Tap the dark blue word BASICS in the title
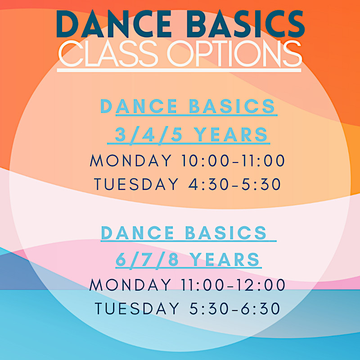pyautogui.click(x=246, y=24)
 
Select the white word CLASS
pyautogui.click(x=108, y=53)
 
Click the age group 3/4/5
pyautogui.click(x=148, y=135)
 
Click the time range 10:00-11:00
pyautogui.click(x=233, y=160)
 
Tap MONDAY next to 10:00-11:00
pyautogui.click(x=130, y=160)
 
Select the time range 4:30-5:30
pyautogui.click(x=234, y=184)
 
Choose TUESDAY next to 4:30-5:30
pyautogui.click(x=136, y=184)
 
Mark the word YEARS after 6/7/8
pyautogui.click(x=225, y=260)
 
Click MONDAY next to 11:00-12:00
pyautogui.click(x=130, y=285)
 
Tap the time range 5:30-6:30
pyautogui.click(x=234, y=308)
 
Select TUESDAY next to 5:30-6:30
pyautogui.click(x=137, y=308)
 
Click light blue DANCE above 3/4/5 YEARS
pyautogui.click(x=139, y=106)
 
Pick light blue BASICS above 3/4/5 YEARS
pyautogui.click(x=232, y=106)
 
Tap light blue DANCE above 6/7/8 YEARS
pyautogui.click(x=137, y=233)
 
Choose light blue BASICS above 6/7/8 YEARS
pyautogui.click(x=226, y=233)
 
